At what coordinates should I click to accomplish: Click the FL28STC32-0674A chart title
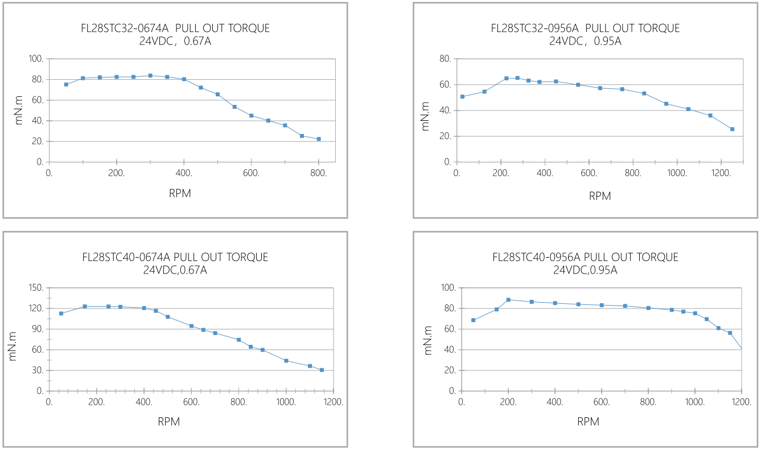click(x=174, y=28)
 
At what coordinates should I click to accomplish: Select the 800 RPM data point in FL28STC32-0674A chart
click(x=319, y=139)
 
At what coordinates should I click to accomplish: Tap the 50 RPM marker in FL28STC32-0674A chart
click(x=66, y=84)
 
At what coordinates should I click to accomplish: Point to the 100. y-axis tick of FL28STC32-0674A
click(x=36, y=59)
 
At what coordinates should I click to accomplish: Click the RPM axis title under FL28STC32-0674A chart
click(x=180, y=193)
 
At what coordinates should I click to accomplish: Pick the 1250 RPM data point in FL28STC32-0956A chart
click(x=732, y=129)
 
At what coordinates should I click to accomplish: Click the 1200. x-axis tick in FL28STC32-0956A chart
click(x=721, y=172)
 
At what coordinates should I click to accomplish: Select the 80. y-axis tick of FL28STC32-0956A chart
click(x=446, y=59)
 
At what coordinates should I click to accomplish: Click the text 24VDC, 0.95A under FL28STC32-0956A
click(x=585, y=41)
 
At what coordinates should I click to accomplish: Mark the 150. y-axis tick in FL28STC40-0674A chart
click(x=35, y=288)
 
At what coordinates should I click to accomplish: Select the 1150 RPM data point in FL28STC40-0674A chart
click(x=322, y=370)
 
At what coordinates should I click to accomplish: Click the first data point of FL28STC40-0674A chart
click(x=61, y=313)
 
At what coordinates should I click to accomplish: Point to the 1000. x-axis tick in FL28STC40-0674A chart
click(x=286, y=401)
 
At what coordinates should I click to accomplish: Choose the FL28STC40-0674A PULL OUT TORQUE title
click(x=175, y=258)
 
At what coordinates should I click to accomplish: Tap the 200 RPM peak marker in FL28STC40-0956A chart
click(x=508, y=300)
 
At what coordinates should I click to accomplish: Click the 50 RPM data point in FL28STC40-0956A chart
click(x=473, y=320)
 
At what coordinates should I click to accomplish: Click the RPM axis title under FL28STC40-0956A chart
click(x=588, y=422)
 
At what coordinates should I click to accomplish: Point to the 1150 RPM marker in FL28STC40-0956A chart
click(x=730, y=333)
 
